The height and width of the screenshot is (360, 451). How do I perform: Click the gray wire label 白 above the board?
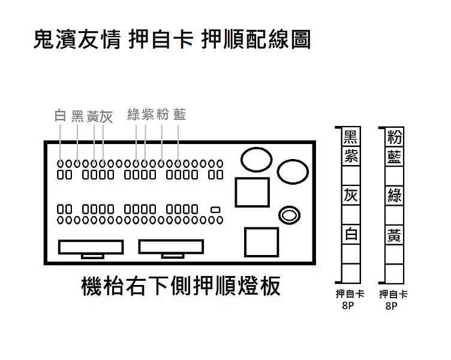[x=60, y=115]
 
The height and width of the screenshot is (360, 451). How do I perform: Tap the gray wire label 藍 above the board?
[x=179, y=114]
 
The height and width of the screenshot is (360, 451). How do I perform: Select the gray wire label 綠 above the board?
[x=134, y=114]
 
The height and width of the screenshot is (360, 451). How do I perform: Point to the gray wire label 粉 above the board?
[x=163, y=114]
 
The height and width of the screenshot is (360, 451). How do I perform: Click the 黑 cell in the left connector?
[x=351, y=137]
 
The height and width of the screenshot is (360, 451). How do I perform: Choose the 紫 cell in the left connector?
[x=351, y=156]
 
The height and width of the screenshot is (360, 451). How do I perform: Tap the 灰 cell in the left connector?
[x=351, y=196]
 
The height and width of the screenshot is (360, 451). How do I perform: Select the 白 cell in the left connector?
[x=351, y=234]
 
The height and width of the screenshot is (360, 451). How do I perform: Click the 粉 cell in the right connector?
[x=395, y=137]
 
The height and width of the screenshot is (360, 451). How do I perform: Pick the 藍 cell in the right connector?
[x=395, y=156]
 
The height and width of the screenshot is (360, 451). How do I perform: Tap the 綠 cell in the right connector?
[x=395, y=196]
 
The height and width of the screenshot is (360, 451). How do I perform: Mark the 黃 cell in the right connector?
[x=395, y=234]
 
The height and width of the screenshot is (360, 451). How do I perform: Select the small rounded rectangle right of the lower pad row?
[x=215, y=209]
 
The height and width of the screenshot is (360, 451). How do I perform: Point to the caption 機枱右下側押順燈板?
[x=181, y=286]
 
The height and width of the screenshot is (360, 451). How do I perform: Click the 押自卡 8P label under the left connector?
[x=350, y=299]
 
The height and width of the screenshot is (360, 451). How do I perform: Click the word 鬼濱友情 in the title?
[x=77, y=39]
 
